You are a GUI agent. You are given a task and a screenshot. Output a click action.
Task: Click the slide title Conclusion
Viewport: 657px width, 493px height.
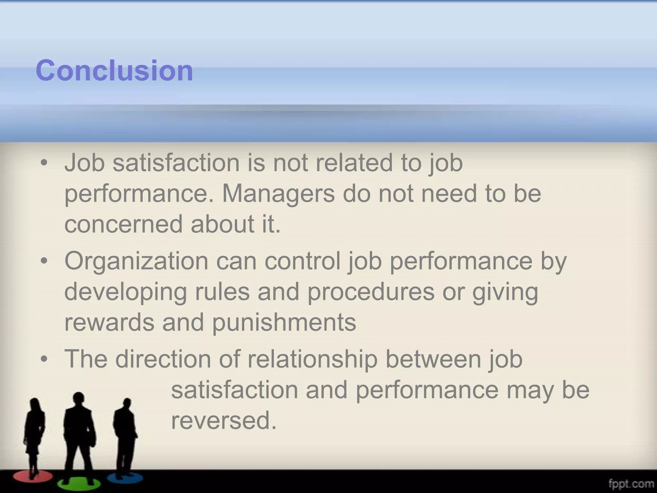pos(115,70)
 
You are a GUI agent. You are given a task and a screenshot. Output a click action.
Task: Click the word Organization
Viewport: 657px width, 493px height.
pos(136,261)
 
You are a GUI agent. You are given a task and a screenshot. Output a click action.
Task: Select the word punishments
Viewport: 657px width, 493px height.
pos(284,322)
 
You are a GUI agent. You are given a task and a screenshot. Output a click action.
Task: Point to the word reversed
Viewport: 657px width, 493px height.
pos(224,420)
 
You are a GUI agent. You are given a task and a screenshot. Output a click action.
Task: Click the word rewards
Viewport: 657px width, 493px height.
pos(109,322)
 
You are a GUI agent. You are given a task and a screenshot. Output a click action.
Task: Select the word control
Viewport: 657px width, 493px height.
pos(302,261)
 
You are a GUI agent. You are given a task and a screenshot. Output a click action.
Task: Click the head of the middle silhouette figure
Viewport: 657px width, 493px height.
pos(78,400)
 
